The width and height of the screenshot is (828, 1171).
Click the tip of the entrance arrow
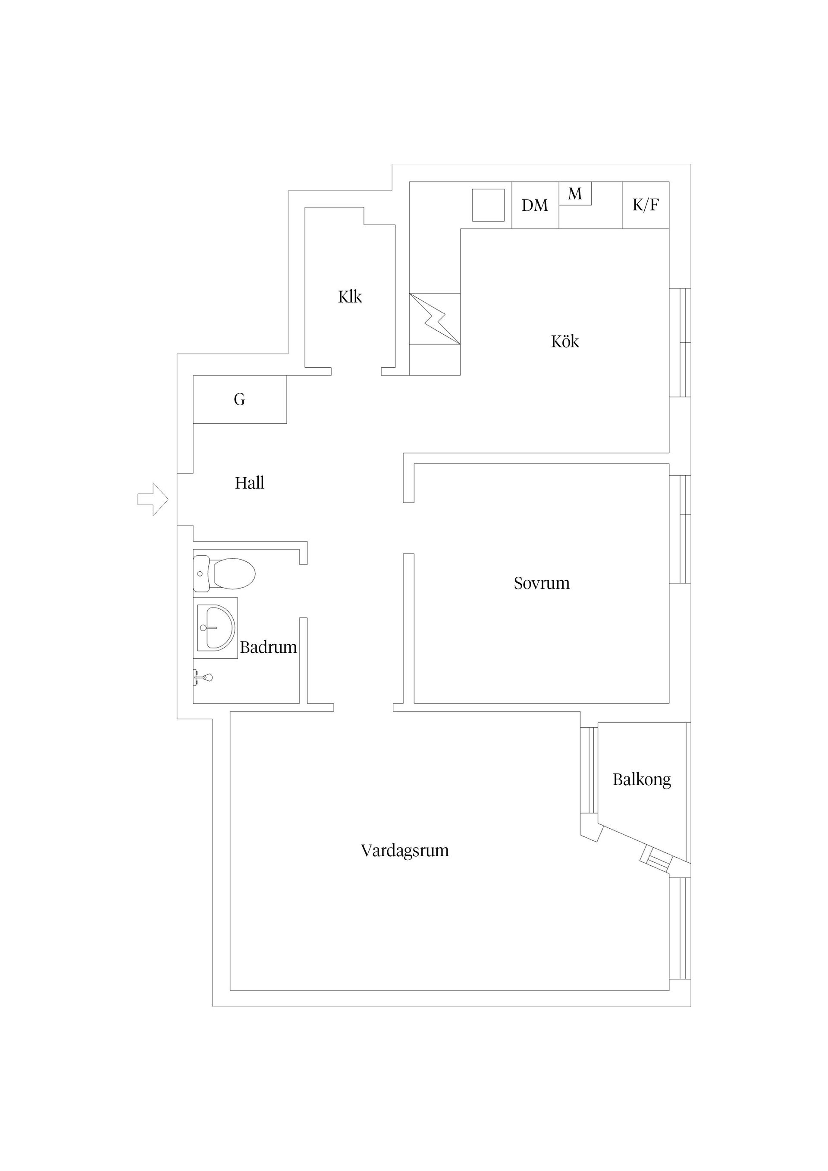pyautogui.click(x=168, y=499)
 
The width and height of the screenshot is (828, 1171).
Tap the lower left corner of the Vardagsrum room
pyautogui.click(x=230, y=990)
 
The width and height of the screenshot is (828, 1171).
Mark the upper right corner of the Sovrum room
pyautogui.click(x=669, y=463)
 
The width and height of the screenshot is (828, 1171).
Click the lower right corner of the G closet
pyautogui.click(x=286, y=423)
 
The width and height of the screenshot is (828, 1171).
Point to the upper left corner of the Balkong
pyautogui.click(x=598, y=723)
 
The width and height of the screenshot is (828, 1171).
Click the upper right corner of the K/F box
pyautogui.click(x=669, y=182)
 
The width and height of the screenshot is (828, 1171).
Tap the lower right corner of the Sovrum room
pyautogui.click(x=669, y=703)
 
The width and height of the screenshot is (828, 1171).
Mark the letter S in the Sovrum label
pyautogui.click(x=518, y=583)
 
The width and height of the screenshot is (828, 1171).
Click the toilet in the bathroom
pyautogui.click(x=224, y=573)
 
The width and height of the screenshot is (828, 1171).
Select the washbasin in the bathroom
pyautogui.click(x=216, y=627)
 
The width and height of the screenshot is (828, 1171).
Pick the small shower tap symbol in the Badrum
pyautogui.click(x=203, y=678)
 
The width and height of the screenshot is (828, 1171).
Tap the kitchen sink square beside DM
pyautogui.click(x=488, y=205)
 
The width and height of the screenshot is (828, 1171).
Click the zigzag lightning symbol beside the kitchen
pyautogui.click(x=435, y=318)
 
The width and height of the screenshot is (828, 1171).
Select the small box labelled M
pyautogui.click(x=575, y=194)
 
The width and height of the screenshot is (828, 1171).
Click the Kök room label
pyautogui.click(x=565, y=341)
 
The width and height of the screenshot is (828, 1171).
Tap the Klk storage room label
pyautogui.click(x=350, y=296)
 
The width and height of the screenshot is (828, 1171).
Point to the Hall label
pyautogui.click(x=249, y=482)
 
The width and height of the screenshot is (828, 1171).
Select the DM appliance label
pyautogui.click(x=535, y=205)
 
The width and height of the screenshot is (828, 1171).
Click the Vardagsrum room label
pyautogui.click(x=405, y=850)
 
